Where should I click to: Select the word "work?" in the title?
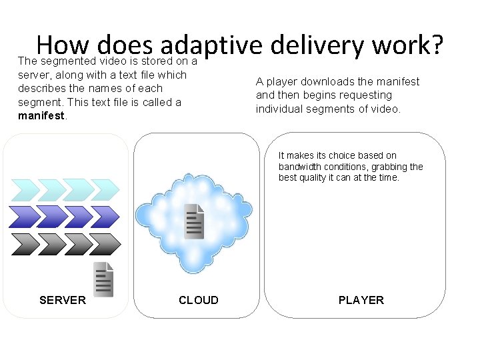click(407, 45)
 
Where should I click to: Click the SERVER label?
click(63, 300)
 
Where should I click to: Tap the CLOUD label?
click(198, 300)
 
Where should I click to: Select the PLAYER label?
click(361, 300)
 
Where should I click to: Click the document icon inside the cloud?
click(194, 221)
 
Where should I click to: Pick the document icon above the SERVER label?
click(103, 279)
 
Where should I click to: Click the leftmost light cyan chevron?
click(22, 191)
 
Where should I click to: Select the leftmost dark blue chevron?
click(22, 217)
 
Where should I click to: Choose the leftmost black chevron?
click(22, 244)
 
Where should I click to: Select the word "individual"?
click(281, 109)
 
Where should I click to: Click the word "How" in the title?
click(63, 45)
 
